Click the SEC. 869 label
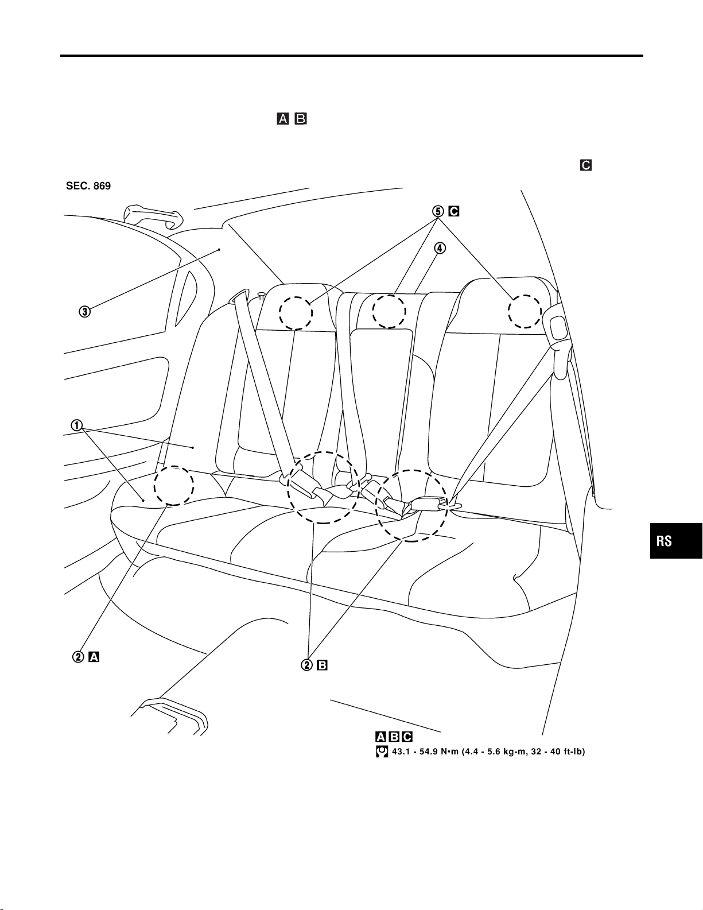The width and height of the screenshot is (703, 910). click(88, 187)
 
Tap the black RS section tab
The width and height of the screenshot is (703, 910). click(676, 540)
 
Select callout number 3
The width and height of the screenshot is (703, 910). click(84, 312)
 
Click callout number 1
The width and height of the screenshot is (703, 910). click(76, 425)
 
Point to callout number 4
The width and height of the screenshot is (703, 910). click(438, 249)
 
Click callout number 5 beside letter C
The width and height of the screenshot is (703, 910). click(438, 211)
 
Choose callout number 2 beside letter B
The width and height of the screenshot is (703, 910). click(308, 665)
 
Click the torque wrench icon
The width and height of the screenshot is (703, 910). click(380, 752)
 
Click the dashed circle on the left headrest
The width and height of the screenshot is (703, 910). click(296, 313)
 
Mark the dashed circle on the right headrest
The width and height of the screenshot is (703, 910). click(525, 311)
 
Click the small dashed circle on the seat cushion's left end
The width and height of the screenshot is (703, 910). click(174, 486)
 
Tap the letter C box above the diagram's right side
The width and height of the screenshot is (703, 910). click(585, 165)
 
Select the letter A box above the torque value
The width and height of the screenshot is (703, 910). click(380, 737)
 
